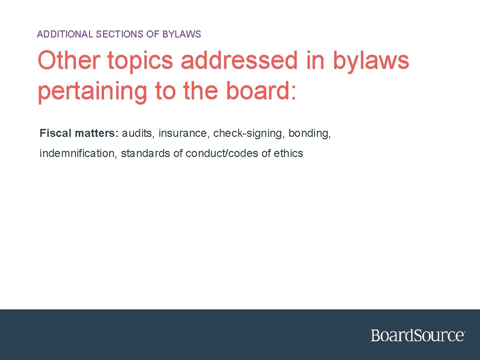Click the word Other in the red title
click(x=68, y=61)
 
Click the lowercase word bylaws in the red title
click(x=371, y=61)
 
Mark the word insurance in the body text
click(x=184, y=133)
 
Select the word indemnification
click(x=79, y=153)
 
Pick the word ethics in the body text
click(x=288, y=153)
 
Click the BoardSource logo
click(x=418, y=336)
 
